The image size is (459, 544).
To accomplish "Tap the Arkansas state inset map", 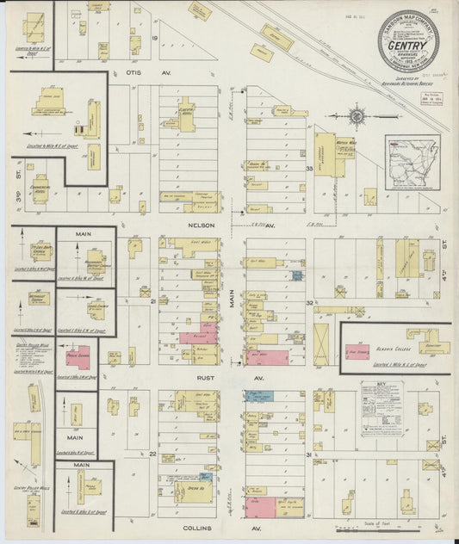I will [412, 164].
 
